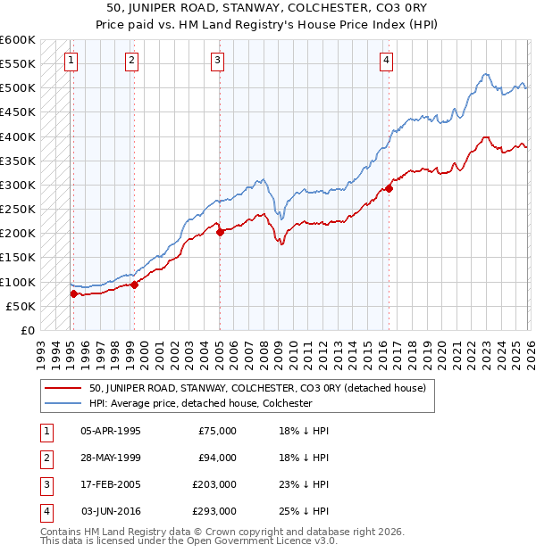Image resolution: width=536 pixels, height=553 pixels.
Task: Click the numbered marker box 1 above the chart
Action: coord(71,61)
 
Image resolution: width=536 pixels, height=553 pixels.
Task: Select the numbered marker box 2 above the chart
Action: coord(131,61)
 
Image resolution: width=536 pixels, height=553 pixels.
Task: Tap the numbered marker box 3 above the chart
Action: coord(218,61)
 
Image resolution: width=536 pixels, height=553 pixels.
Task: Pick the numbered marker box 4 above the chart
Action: coord(386,61)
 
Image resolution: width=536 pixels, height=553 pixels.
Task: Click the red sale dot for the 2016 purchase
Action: coord(389,188)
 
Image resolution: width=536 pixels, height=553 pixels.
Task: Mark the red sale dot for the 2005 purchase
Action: coord(220,232)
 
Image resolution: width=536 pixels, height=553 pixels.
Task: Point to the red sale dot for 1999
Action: coord(135,285)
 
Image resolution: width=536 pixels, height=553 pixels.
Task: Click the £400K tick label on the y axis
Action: coord(18,136)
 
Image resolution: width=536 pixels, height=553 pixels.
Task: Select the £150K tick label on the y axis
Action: coord(18,258)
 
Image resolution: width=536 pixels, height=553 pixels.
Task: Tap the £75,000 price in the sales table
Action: coord(217,431)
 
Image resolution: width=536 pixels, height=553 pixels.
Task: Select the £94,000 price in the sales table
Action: coord(217,458)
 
